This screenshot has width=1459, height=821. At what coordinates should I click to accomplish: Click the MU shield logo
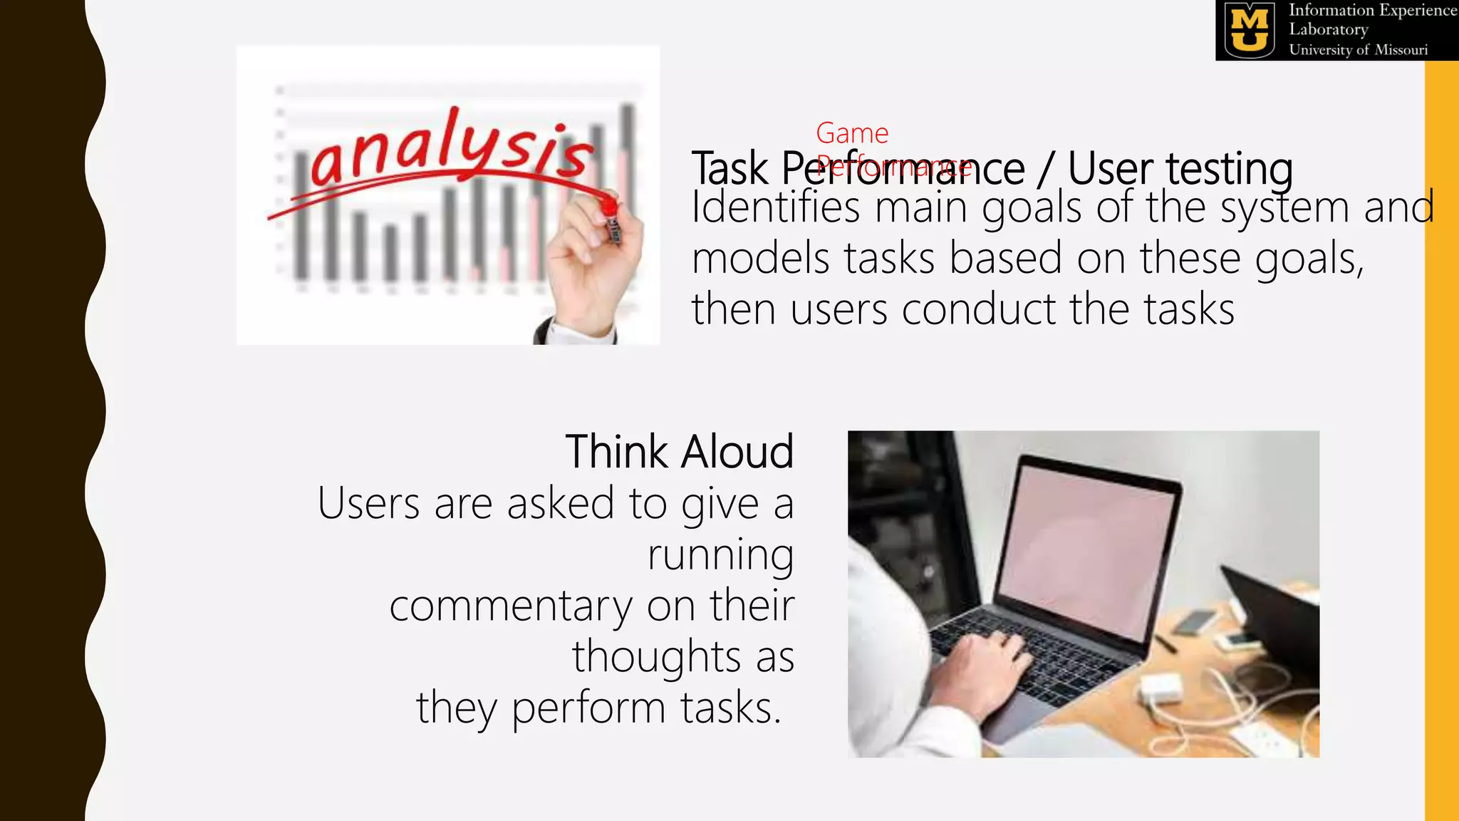[1250, 30]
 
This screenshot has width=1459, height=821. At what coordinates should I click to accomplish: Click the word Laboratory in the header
[1328, 30]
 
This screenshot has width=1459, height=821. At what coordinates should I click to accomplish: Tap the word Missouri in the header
[1401, 50]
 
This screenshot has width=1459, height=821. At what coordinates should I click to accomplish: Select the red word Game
[852, 133]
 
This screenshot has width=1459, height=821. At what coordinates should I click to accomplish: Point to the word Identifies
[775, 207]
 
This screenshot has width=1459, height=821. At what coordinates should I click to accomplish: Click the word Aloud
[737, 452]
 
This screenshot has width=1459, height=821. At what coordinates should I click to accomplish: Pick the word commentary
[510, 606]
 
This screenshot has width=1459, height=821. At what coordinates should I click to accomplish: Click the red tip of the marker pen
[608, 206]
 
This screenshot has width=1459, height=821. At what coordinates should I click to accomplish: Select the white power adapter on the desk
[1161, 688]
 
